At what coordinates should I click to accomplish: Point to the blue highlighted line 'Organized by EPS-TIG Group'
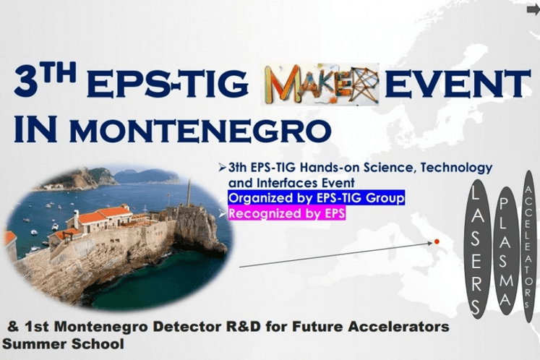click(x=316, y=197)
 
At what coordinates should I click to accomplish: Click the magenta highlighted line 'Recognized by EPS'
click(x=287, y=213)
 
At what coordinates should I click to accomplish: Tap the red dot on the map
click(x=436, y=241)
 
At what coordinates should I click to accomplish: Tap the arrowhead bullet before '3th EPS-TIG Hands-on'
click(x=222, y=168)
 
